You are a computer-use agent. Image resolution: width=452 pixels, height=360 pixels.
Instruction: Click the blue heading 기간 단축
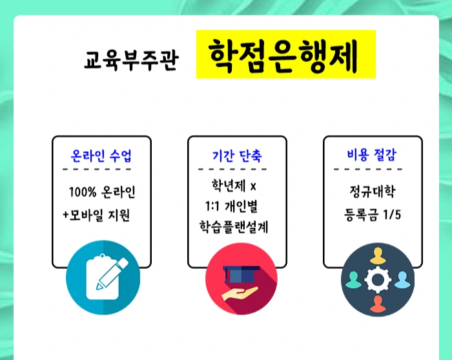coord(237,156)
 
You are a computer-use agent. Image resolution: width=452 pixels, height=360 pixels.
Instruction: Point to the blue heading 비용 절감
coord(371,155)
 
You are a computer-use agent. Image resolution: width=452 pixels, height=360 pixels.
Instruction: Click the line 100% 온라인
coord(102,193)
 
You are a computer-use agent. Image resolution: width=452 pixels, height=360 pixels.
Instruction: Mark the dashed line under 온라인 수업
coord(101,169)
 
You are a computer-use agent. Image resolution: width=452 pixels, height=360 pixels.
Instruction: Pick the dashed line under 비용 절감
coord(371,169)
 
